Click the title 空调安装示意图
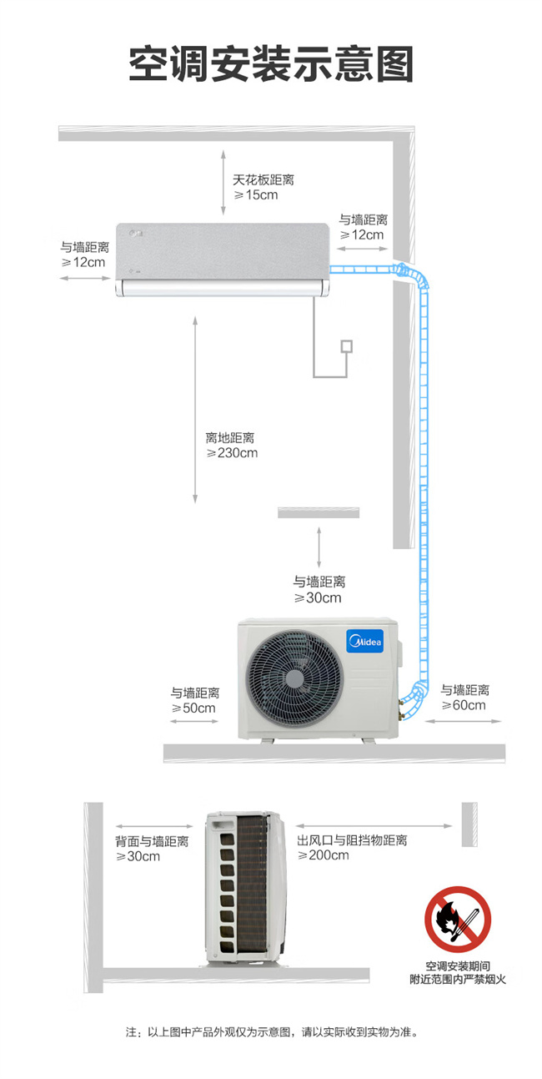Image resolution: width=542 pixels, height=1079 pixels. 271,64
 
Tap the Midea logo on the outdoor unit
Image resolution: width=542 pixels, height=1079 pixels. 365,641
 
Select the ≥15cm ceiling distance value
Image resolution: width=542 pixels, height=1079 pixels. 256,195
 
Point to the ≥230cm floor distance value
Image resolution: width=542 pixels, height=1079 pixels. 232,453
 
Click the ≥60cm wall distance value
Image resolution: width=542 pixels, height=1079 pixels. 464,705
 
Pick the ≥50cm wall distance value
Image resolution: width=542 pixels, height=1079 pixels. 193,708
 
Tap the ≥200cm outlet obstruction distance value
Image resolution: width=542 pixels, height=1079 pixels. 323,855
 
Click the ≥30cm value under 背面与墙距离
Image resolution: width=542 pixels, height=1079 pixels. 138,856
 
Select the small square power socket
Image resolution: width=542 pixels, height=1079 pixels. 346,346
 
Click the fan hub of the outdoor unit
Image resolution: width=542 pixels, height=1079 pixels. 294,678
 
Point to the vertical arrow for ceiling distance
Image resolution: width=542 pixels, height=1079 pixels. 223,183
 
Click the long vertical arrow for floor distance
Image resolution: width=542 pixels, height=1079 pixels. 195,410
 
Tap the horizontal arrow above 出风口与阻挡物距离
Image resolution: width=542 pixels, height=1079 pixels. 374,826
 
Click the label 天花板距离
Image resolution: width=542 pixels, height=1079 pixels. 263,179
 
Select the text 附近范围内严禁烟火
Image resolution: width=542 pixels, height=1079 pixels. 458,980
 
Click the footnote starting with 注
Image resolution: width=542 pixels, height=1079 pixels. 272,1031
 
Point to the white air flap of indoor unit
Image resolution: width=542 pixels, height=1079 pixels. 223,288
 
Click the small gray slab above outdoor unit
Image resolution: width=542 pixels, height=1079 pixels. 319,512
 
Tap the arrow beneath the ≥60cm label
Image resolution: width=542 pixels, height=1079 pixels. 464,721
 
